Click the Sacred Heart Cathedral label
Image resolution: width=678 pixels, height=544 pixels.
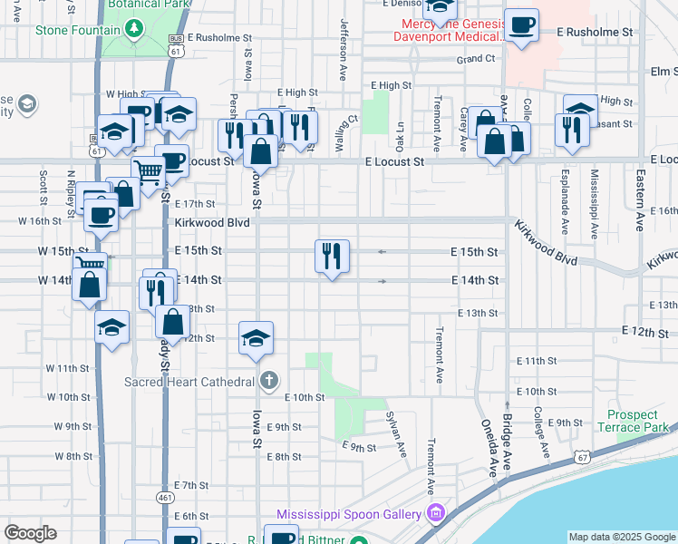[189, 381]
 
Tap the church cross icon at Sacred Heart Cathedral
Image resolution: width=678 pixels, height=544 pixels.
[267, 380]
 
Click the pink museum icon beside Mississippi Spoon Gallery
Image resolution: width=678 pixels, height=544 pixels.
[436, 514]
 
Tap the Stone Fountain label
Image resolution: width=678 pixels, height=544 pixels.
[77, 30]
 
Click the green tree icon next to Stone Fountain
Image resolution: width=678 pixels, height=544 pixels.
[134, 29]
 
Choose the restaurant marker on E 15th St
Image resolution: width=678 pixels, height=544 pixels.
[333, 256]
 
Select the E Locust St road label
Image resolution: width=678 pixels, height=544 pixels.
[394, 161]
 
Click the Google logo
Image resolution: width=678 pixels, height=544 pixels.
[30, 532]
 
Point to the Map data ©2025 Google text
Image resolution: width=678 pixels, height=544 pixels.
[622, 537]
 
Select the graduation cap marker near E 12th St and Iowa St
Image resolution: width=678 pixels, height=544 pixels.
[257, 338]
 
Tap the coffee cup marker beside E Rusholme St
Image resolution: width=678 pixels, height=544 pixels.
[522, 25]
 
